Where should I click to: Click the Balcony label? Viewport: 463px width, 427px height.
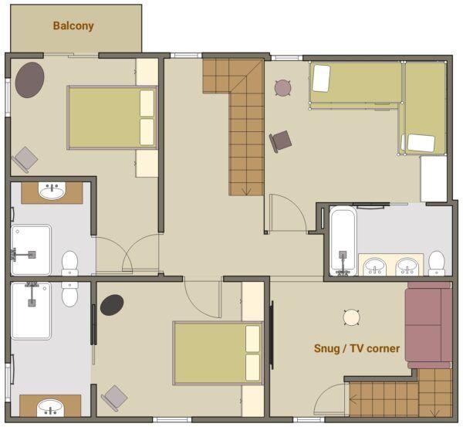tap(73, 25)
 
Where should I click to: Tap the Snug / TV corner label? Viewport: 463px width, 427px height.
tap(357, 348)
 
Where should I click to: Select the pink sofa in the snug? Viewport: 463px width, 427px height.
tap(428, 325)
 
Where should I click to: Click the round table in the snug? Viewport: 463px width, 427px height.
tap(352, 317)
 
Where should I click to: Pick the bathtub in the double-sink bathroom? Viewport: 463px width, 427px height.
tap(343, 241)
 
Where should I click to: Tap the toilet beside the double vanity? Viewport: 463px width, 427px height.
tap(437, 263)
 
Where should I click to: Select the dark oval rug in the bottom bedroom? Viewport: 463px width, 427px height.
tap(112, 305)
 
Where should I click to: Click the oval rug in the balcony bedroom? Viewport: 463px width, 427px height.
tap(29, 80)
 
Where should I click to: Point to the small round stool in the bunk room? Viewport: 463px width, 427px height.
tap(283, 88)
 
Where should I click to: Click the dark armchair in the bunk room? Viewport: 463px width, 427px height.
tap(281, 141)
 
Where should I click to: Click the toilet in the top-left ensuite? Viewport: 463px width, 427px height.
tap(69, 263)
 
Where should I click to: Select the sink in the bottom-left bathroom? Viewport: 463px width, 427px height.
tap(50, 408)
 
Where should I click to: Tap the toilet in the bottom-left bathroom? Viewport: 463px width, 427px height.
tap(69, 294)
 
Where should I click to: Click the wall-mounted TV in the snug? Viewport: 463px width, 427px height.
tap(272, 335)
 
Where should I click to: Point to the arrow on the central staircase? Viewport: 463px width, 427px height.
tap(246, 191)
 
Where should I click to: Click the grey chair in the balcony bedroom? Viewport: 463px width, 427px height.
tap(25, 160)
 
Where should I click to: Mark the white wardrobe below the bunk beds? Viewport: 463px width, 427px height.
tap(434, 179)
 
